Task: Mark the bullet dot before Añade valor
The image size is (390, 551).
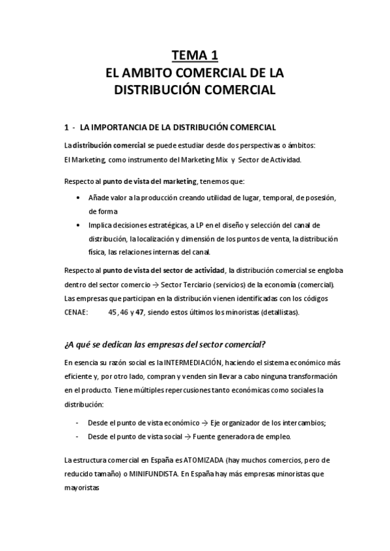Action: pyautogui.click(x=79, y=197)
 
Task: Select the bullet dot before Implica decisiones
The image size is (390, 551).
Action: pyautogui.click(x=79, y=225)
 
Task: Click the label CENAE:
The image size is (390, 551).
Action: pyautogui.click(x=76, y=313)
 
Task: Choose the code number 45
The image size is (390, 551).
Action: pyautogui.click(x=114, y=313)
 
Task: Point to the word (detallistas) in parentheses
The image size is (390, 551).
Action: pyautogui.click(x=279, y=313)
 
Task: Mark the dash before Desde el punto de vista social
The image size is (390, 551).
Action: pyautogui.click(x=78, y=436)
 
